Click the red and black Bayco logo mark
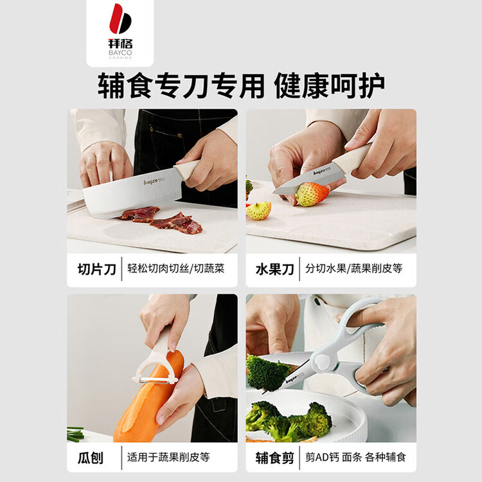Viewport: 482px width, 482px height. pyautogui.click(x=120, y=19)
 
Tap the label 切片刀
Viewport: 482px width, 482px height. pyautogui.click(x=96, y=269)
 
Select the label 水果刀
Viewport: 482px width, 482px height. pyautogui.click(x=274, y=269)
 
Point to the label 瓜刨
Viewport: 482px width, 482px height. pyautogui.click(x=91, y=458)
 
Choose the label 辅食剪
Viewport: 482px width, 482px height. pyautogui.click(x=274, y=458)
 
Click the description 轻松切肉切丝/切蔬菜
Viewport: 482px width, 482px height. pyautogui.click(x=176, y=269)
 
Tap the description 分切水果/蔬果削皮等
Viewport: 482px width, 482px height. pyautogui.click(x=354, y=269)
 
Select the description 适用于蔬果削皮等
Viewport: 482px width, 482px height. pyautogui.click(x=168, y=458)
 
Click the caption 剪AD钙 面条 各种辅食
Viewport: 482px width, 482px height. pyautogui.click(x=355, y=458)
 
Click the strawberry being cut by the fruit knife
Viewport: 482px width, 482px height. pyautogui.click(x=311, y=194)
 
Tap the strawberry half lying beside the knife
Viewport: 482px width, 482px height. pyautogui.click(x=259, y=211)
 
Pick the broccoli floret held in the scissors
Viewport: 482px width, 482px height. pyautogui.click(x=266, y=373)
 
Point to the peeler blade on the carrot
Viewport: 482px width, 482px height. pyautogui.click(x=154, y=380)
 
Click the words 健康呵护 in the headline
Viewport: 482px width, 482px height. pyautogui.click(x=329, y=85)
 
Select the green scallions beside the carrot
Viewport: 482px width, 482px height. pyautogui.click(x=75, y=433)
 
